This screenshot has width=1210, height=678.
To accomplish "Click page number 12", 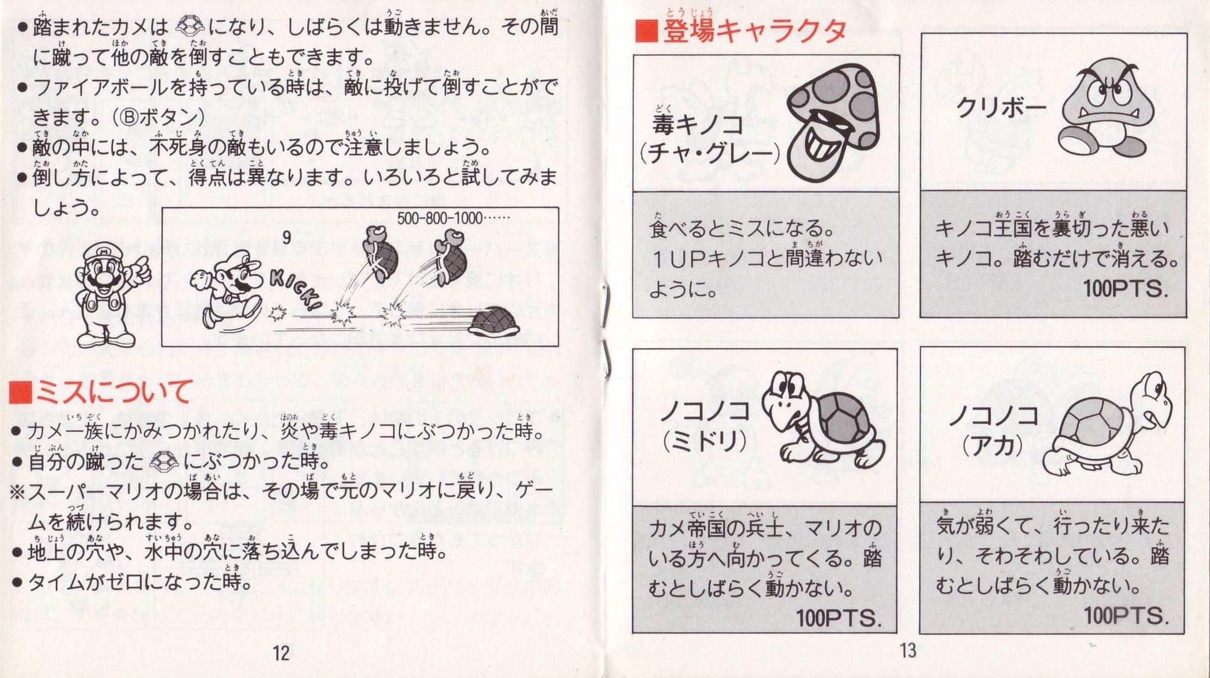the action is (x=281, y=653).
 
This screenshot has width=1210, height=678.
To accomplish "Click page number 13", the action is (x=908, y=650).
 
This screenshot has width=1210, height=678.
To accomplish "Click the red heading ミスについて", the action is (x=113, y=392).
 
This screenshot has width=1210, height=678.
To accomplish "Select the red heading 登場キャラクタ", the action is (x=755, y=31).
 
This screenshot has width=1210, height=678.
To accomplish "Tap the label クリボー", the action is (x=1000, y=107).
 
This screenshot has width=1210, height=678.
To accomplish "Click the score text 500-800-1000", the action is (x=440, y=218).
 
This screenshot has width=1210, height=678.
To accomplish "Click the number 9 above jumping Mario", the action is (x=287, y=238).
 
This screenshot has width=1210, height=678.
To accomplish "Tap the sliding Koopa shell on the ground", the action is (x=500, y=322).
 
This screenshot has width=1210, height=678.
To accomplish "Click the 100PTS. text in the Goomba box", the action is (x=1126, y=289).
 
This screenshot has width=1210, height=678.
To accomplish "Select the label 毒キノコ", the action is (x=698, y=124).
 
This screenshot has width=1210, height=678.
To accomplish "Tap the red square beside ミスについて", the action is (x=20, y=392).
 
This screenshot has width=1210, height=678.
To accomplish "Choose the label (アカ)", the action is (x=992, y=445).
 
